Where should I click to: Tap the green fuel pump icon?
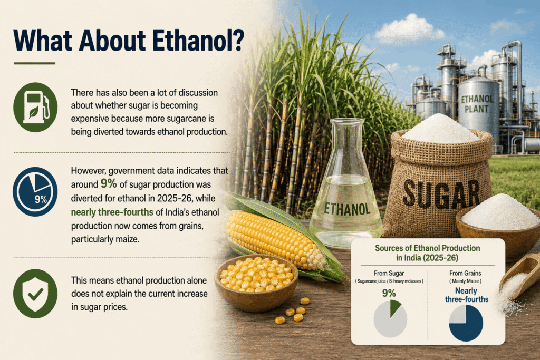pos(35,107)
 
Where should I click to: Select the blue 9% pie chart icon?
pos(35,192)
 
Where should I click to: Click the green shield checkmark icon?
pos(35,293)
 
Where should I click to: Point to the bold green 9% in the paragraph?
pos(109,184)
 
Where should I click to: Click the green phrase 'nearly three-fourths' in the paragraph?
pos(112,212)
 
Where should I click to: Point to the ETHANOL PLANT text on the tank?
pos(477,104)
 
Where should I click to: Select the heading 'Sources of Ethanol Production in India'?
pos(427,253)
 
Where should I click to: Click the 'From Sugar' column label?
pos(389,273)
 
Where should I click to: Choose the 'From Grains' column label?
pos(465,273)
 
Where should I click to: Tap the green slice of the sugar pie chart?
pos(394,307)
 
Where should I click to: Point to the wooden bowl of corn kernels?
pos(256,282)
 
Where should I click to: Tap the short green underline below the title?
pos(34,63)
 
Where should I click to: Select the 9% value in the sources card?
pos(389,293)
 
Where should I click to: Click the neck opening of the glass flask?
pos(346,121)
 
